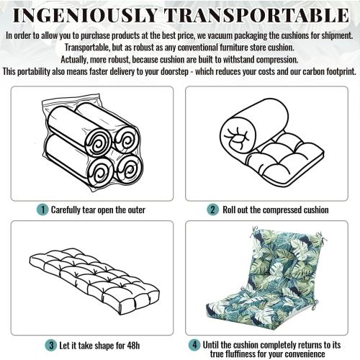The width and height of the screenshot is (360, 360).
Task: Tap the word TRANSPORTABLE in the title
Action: click(x=257, y=16)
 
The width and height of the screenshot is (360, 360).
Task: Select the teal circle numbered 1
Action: click(x=42, y=210)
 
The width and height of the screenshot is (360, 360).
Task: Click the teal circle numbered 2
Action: click(x=212, y=210)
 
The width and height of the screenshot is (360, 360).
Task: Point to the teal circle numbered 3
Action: click(x=51, y=346)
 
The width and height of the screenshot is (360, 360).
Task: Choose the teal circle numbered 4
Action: click(x=194, y=345)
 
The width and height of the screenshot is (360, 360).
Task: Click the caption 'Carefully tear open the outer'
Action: click(x=98, y=210)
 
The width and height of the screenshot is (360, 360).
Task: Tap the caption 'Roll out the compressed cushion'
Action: click(x=276, y=210)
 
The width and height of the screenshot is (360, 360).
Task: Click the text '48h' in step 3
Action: click(x=133, y=346)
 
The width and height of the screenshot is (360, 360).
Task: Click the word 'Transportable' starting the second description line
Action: click(x=87, y=48)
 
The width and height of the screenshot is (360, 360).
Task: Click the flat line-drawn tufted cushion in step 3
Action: click(x=94, y=282)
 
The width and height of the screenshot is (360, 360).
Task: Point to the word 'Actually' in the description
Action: click(x=74, y=60)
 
